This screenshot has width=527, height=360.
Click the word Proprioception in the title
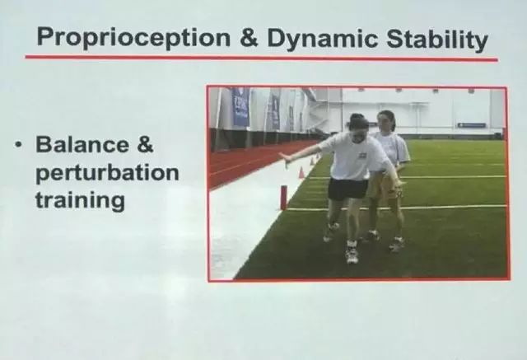133,38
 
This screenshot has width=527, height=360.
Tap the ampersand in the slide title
249,37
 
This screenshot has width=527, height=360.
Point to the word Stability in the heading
437,39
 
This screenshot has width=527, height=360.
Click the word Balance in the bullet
82,144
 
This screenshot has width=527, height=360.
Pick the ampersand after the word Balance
145,144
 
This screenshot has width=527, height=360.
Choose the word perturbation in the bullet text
107,173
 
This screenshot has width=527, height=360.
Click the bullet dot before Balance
17,144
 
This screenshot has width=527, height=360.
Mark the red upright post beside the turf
284,197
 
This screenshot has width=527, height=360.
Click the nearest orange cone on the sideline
301,173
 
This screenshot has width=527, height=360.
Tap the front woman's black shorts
347,189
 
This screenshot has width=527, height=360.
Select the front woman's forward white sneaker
352,254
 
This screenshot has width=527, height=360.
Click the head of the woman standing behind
385,120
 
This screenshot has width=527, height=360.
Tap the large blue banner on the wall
240,106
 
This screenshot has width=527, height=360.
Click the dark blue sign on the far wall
472,125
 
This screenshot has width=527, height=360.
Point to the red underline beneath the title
262,58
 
